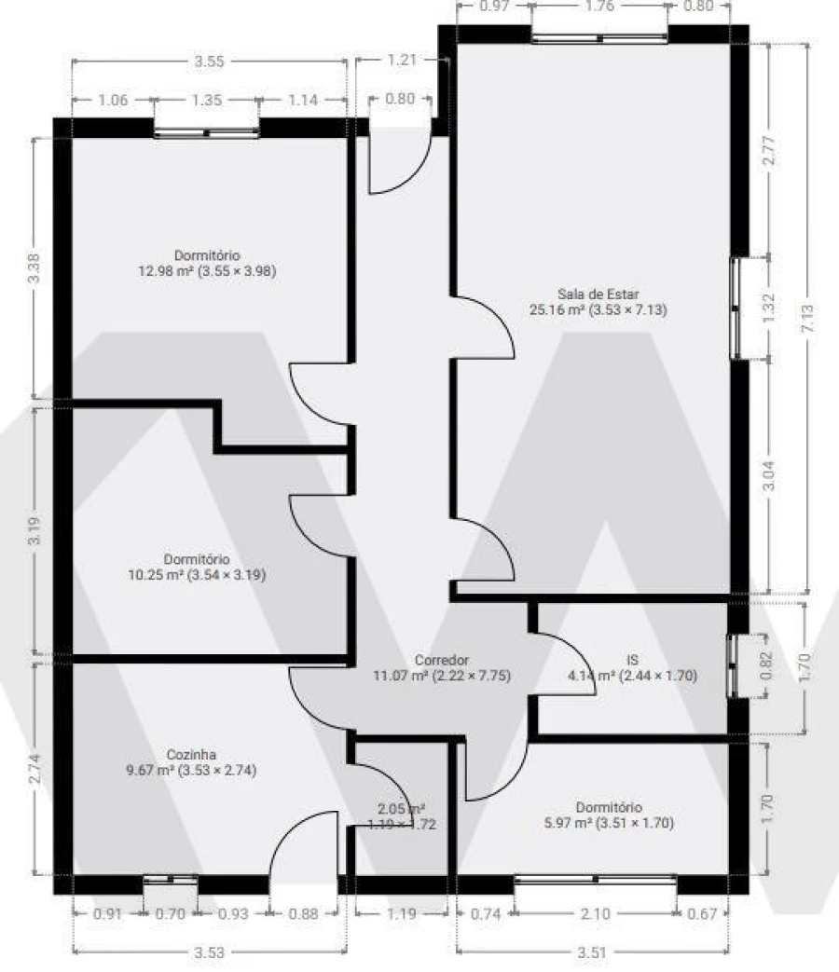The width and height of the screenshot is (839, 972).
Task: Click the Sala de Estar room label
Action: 598,294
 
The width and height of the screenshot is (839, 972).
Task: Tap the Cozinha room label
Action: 191,755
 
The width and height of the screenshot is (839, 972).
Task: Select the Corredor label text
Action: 442,660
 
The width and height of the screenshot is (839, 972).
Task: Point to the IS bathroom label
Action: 632,660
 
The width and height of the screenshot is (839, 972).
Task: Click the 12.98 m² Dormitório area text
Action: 207,271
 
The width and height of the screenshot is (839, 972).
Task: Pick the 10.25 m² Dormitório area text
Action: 197,575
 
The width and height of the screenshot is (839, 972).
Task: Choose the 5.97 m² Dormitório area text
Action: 609,823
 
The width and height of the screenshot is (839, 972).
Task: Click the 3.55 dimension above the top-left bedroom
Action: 209,62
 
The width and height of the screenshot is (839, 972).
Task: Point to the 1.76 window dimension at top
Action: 599,7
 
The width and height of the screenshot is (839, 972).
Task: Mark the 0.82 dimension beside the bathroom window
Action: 766,665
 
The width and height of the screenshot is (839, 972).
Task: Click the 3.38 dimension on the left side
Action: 34,267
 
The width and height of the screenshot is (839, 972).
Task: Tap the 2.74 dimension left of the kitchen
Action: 34,768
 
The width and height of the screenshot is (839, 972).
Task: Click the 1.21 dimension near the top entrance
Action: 402,60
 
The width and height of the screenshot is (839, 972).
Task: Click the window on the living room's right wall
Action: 736,308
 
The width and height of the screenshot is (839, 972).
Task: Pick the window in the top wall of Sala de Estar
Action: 599,38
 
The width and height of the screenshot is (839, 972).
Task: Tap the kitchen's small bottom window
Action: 171,879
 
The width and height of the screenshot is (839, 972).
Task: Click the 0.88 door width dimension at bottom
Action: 304,913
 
